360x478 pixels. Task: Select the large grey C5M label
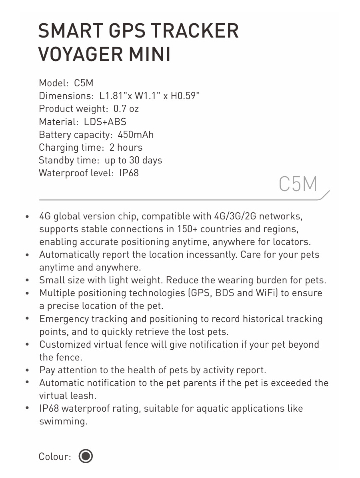[x=298, y=184]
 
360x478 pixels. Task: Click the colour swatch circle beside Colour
[x=86, y=456]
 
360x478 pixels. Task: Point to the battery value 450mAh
[x=136, y=135]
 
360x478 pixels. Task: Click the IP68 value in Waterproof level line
[x=129, y=173]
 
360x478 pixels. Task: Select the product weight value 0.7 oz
[x=126, y=109]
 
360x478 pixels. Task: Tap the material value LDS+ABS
[x=105, y=121]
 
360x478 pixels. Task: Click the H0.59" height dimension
[x=185, y=96]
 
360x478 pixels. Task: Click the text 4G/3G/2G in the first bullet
[x=235, y=216]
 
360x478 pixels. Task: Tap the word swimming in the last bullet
[x=63, y=421]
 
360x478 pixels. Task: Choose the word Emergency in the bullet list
[x=64, y=319]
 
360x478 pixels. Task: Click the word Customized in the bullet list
[x=65, y=345]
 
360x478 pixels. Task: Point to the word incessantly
[x=210, y=255]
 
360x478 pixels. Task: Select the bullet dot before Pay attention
[x=27, y=370]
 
